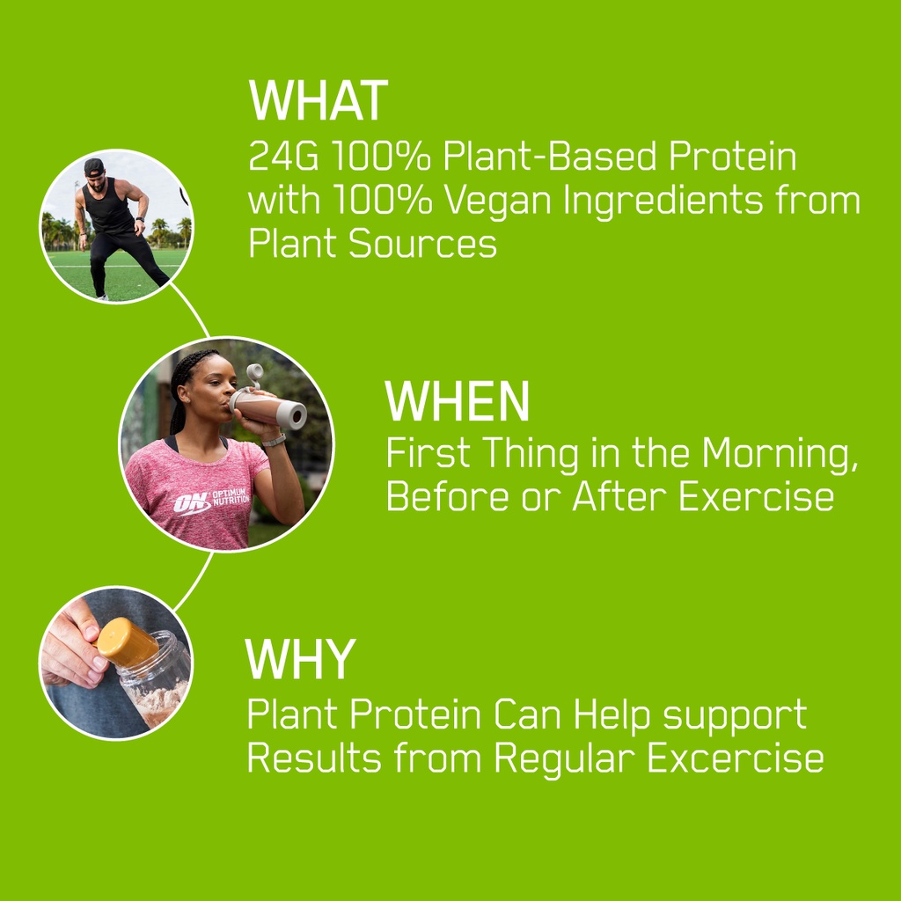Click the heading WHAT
pos(319,100)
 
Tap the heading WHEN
pos(457,401)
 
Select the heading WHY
pos(300,659)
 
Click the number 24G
pos(283,156)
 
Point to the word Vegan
pos(498,201)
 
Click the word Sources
pos(422,243)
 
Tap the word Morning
pos(780,454)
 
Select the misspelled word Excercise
pos(736,758)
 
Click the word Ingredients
pos(663,201)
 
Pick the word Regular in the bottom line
pos(564,758)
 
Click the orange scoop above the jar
pos(128,641)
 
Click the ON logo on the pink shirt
pos(191,503)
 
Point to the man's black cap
pos(94,168)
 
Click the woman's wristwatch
pos(274,441)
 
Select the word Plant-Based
pos(549,156)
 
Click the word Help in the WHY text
pos(612,716)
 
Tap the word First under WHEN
pos(429,453)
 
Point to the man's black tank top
pos(108,208)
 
